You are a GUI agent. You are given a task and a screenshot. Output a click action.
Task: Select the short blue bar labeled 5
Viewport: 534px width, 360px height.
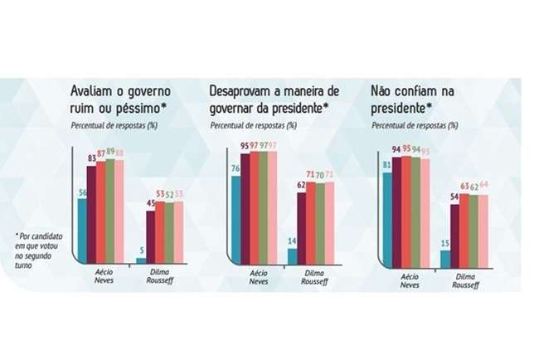142,260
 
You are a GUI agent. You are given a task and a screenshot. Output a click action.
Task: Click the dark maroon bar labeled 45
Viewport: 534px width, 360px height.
152,236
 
